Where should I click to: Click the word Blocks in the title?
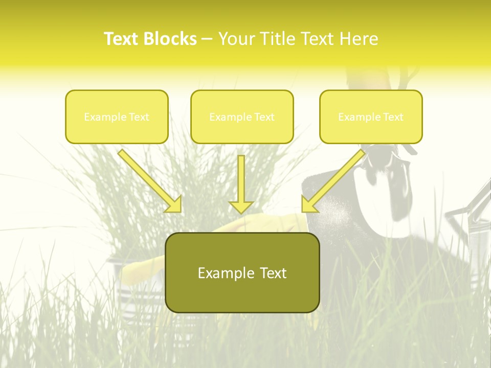[170, 39]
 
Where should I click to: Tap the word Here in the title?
[359, 39]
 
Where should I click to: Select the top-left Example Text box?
[117, 117]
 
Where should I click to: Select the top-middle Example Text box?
[242, 117]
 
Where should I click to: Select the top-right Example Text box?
[371, 117]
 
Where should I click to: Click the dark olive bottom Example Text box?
[242, 272]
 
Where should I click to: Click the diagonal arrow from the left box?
[148, 179]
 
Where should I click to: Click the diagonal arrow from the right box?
[335, 179]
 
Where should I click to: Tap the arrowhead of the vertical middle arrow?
[241, 206]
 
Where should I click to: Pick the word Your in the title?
[235, 39]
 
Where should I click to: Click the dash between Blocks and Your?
[207, 39]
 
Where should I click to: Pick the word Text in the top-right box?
[393, 117]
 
